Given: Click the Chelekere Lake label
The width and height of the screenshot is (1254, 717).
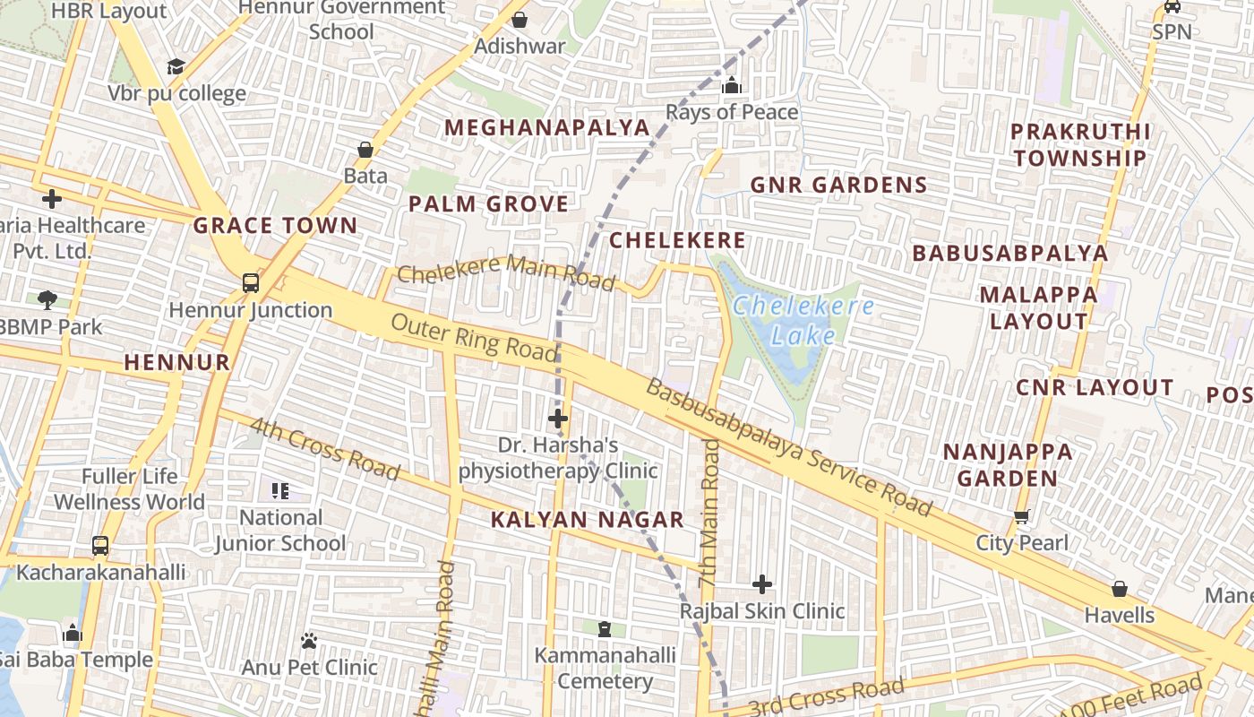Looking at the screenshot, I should [x=803, y=321].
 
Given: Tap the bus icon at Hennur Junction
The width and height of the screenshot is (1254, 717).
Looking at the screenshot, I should [x=251, y=283].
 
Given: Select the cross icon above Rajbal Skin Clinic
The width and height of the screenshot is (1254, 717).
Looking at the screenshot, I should [x=762, y=584].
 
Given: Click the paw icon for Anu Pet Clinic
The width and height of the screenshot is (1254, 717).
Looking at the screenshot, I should [x=309, y=641].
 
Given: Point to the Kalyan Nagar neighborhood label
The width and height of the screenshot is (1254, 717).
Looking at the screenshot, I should [x=588, y=519].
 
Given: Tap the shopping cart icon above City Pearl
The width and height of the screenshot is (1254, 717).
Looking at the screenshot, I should [x=1021, y=517].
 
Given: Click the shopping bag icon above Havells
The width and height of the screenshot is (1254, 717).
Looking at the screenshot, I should [x=1119, y=589].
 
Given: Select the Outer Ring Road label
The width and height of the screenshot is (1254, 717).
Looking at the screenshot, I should [x=474, y=337].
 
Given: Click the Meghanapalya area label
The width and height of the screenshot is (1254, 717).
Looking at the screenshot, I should [x=546, y=127].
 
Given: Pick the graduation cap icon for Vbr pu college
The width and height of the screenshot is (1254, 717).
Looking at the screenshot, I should [x=176, y=67].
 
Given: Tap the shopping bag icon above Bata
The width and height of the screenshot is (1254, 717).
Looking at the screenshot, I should [x=365, y=149].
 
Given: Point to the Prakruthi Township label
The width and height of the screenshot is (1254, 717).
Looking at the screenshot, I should [x=1079, y=144].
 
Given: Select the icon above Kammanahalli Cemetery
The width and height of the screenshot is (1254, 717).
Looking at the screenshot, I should [x=606, y=629].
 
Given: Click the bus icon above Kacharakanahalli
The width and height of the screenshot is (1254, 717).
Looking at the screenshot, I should [x=100, y=545].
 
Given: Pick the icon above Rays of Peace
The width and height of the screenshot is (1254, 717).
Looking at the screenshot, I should [x=732, y=86].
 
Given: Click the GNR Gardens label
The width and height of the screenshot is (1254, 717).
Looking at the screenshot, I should [x=837, y=185].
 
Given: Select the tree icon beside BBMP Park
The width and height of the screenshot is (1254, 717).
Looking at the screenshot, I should [x=47, y=300].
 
